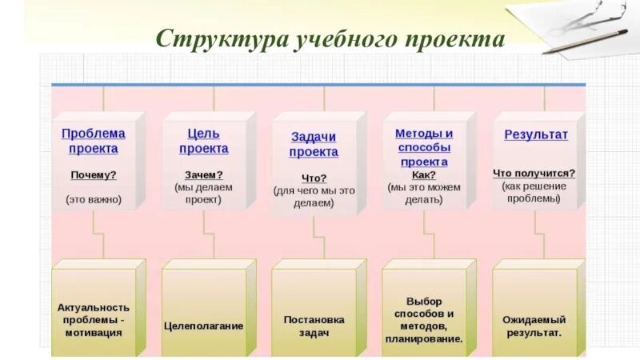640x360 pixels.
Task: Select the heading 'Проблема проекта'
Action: (x=93, y=141)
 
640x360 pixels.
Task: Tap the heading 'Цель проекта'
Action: (x=203, y=141)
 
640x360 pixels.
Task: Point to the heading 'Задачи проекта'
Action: (x=314, y=144)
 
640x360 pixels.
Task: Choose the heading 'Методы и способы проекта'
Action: (x=424, y=147)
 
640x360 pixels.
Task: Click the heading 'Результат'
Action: (x=535, y=134)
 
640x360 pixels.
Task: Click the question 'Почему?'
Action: (x=93, y=175)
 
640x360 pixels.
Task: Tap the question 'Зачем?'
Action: (x=203, y=174)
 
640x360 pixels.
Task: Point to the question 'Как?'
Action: (x=424, y=174)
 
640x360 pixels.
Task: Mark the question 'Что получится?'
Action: (x=534, y=173)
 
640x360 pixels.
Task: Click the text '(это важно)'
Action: (x=94, y=199)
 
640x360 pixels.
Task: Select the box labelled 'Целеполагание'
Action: (x=203, y=326)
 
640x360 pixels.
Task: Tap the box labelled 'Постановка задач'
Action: (x=314, y=325)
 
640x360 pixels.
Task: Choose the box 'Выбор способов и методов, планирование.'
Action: (x=424, y=319)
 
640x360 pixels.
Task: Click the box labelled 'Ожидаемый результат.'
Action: (x=534, y=325)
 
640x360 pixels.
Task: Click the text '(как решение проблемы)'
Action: (x=534, y=192)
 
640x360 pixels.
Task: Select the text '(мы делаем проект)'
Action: (x=203, y=193)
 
